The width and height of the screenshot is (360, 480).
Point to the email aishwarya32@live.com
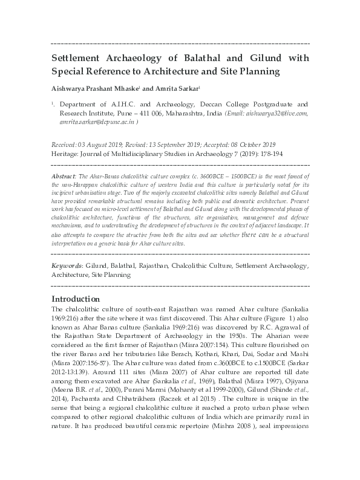[274, 113]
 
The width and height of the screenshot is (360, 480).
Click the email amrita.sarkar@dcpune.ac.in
[97, 122]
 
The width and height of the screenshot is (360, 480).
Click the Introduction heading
[75, 299]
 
